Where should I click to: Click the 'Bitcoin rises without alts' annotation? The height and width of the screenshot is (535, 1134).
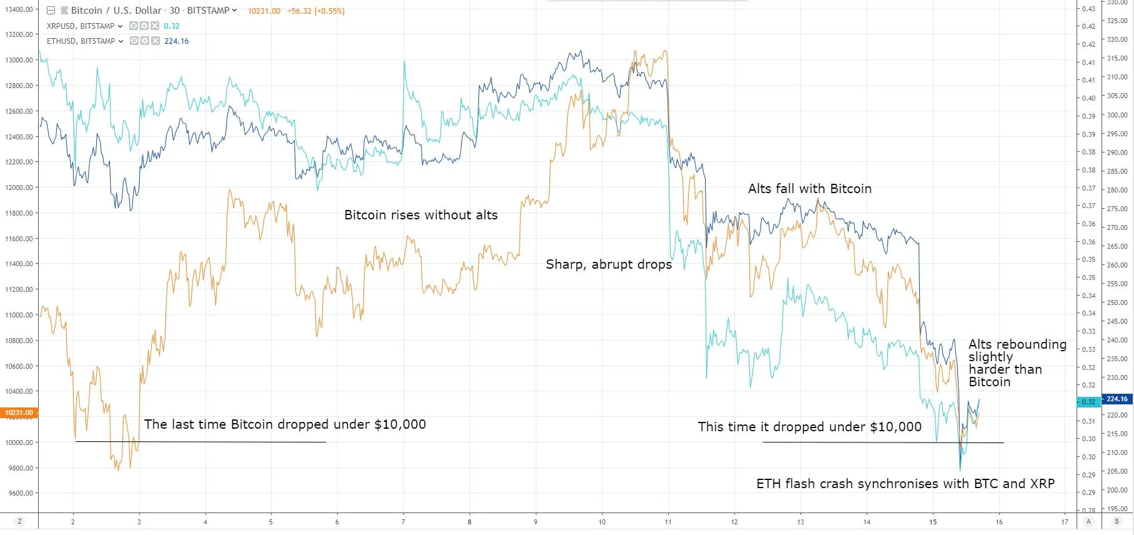(421, 216)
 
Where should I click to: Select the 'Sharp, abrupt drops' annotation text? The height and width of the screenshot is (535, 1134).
(609, 264)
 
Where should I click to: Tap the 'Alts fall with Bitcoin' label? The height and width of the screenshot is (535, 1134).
(809, 189)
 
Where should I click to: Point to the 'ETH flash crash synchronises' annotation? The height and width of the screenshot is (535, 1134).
(905, 484)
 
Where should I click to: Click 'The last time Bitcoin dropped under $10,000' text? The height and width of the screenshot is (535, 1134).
(285, 424)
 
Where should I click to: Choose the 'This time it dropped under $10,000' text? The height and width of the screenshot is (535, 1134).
(809, 427)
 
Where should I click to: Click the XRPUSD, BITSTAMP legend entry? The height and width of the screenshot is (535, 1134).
(81, 26)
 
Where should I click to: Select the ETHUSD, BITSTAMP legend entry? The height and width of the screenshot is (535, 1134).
(81, 41)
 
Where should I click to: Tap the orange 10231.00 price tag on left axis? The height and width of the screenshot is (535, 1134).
(19, 412)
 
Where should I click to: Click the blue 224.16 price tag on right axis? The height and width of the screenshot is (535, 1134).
(1117, 399)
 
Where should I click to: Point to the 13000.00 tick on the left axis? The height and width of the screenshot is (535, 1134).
(20, 60)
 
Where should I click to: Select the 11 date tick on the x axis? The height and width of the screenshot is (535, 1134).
(668, 522)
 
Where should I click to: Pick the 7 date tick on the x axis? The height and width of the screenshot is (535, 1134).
(403, 522)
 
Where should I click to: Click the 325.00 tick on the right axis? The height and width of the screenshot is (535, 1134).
(1117, 21)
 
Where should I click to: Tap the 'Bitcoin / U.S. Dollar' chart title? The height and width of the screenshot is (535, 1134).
(116, 11)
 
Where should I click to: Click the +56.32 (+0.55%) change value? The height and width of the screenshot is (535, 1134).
(315, 11)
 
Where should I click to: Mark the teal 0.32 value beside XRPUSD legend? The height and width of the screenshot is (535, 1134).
(171, 26)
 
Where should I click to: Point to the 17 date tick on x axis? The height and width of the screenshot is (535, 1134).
(1065, 522)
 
